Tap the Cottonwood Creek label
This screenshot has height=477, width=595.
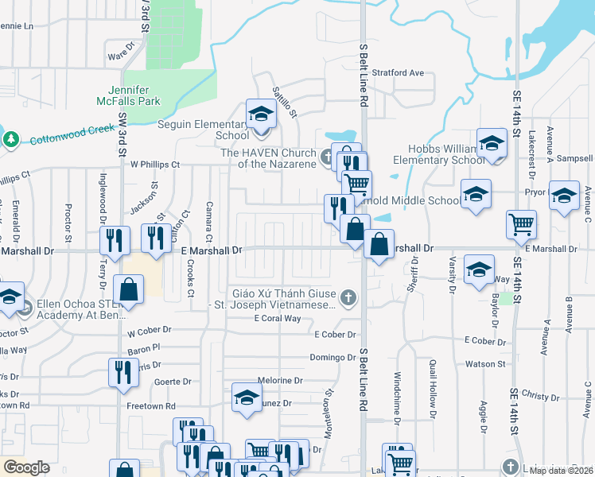(x=68, y=134)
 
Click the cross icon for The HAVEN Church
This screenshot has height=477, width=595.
(x=326, y=157)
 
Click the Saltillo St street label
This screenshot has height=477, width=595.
(x=285, y=102)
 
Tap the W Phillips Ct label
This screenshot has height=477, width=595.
(x=155, y=165)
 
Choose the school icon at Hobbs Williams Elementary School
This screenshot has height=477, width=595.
(x=492, y=145)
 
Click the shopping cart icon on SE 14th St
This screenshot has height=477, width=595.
(x=521, y=225)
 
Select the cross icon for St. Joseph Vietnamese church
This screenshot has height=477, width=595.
(x=347, y=299)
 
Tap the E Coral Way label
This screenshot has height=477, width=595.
(x=277, y=319)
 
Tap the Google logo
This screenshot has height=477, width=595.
(x=26, y=467)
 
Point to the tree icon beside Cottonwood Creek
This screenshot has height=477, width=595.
(x=10, y=140)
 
